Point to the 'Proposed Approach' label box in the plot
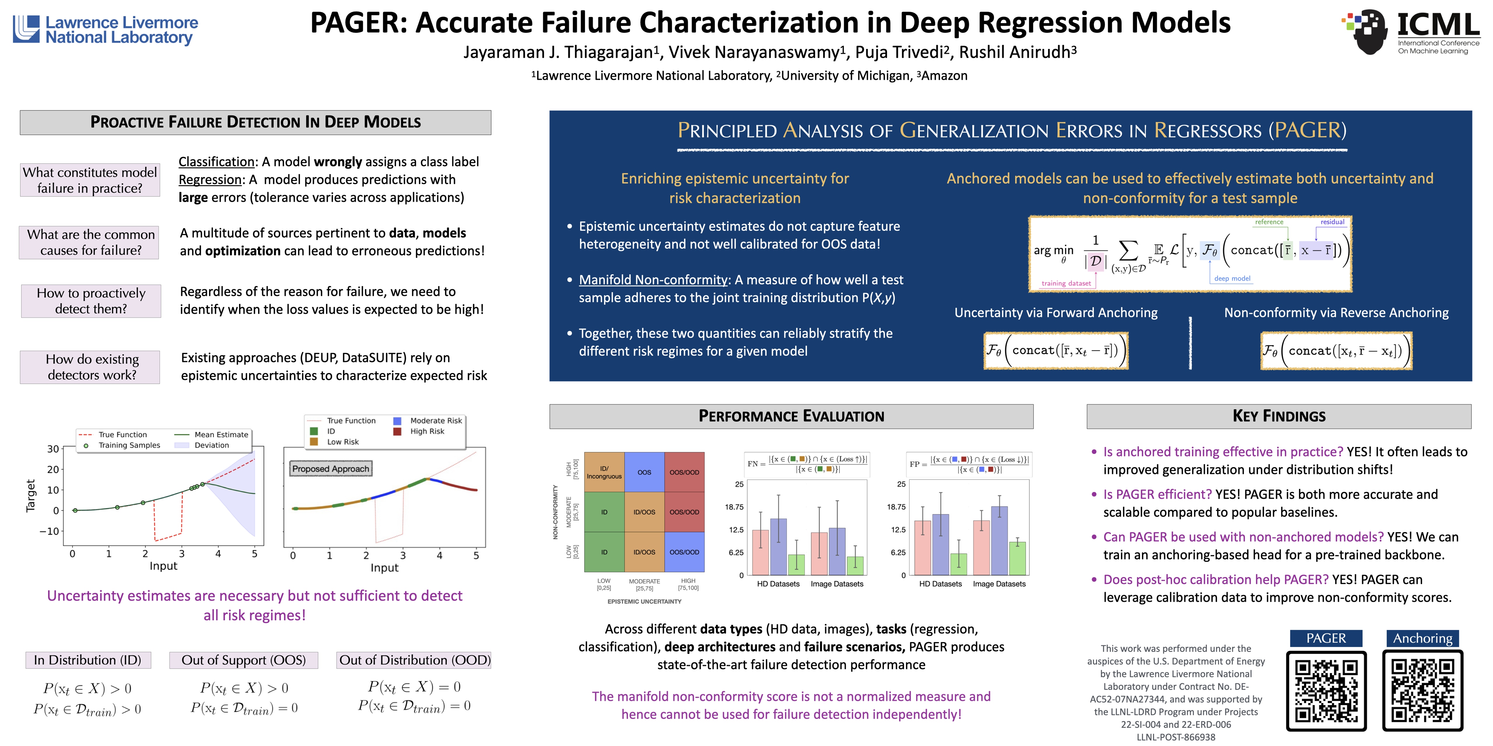point(330,469)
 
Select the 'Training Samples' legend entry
point(129,445)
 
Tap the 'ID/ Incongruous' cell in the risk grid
point(604,472)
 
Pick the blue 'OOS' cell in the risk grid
point(644,472)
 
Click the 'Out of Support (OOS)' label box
point(243,660)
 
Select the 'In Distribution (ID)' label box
point(87,660)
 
